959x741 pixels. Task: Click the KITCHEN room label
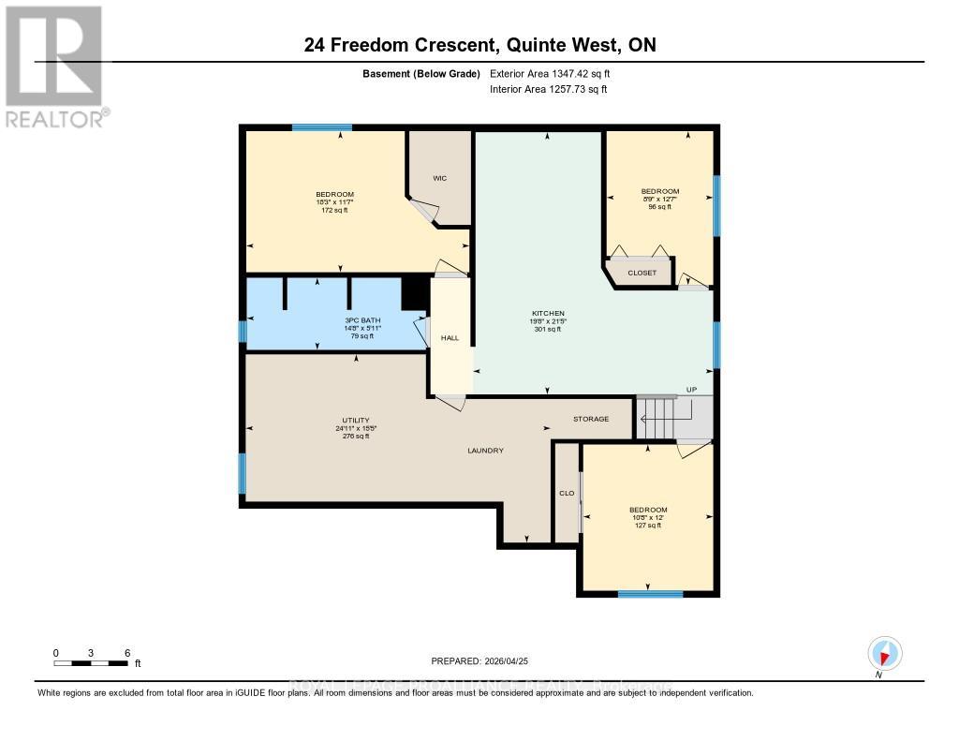(547, 313)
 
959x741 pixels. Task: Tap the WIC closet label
(438, 177)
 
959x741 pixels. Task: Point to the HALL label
(450, 337)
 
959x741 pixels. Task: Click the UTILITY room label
(355, 420)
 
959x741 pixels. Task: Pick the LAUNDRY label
(486, 451)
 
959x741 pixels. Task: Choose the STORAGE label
(591, 419)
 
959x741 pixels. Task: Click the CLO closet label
(567, 492)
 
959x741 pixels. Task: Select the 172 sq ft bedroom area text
(334, 210)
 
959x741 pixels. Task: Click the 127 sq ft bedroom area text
(647, 526)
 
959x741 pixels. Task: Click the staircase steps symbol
(659, 415)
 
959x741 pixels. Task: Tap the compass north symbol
(883, 653)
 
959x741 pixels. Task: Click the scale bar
(91, 663)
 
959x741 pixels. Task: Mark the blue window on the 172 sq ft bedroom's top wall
(321, 127)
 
